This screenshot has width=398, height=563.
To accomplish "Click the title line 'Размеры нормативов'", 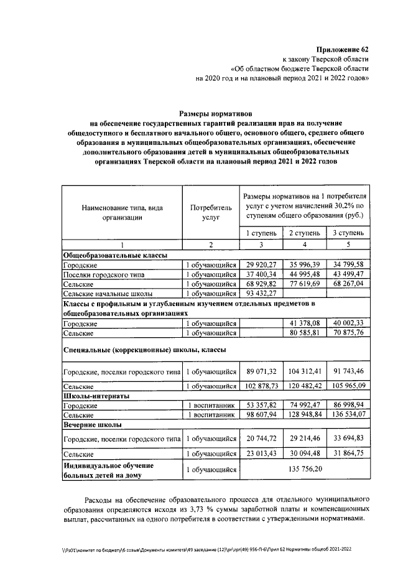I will click(213, 113).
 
